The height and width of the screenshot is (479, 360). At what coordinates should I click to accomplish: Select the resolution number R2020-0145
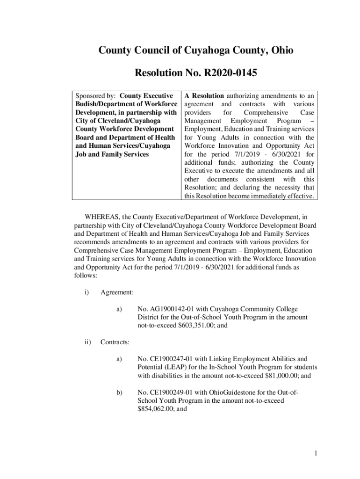[x=229, y=73]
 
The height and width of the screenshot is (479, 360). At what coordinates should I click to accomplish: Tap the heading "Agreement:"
[x=117, y=292]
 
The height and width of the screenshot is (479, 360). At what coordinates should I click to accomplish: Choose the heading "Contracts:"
[x=116, y=342]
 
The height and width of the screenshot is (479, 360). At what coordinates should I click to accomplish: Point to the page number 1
[x=316, y=453]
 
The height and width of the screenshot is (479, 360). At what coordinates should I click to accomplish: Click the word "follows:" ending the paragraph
[x=86, y=276]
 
